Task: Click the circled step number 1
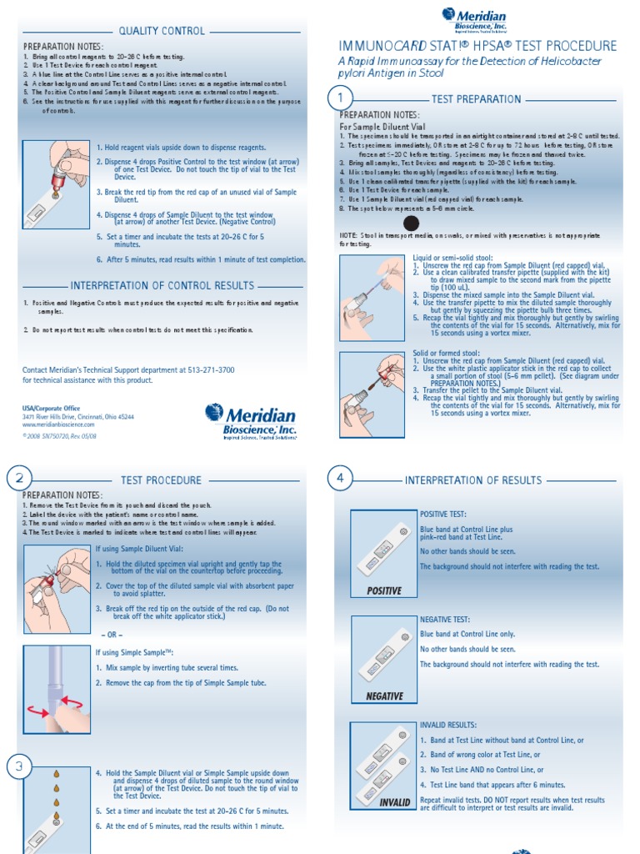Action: pos(340,98)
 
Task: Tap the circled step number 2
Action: pos(19,479)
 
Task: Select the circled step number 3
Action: pos(19,766)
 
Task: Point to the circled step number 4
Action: pos(340,479)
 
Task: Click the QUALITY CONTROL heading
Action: pos(162,31)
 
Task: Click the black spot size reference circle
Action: pos(411,223)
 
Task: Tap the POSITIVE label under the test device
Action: pos(384,590)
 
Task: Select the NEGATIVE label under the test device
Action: pos(384,696)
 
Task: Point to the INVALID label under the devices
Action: pos(395,802)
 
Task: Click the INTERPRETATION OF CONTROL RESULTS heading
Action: pos(162,285)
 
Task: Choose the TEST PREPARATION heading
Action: pos(476,99)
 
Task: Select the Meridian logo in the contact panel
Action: pos(251,420)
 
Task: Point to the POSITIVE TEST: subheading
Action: pos(443,515)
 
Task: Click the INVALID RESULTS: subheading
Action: pos(448,726)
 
